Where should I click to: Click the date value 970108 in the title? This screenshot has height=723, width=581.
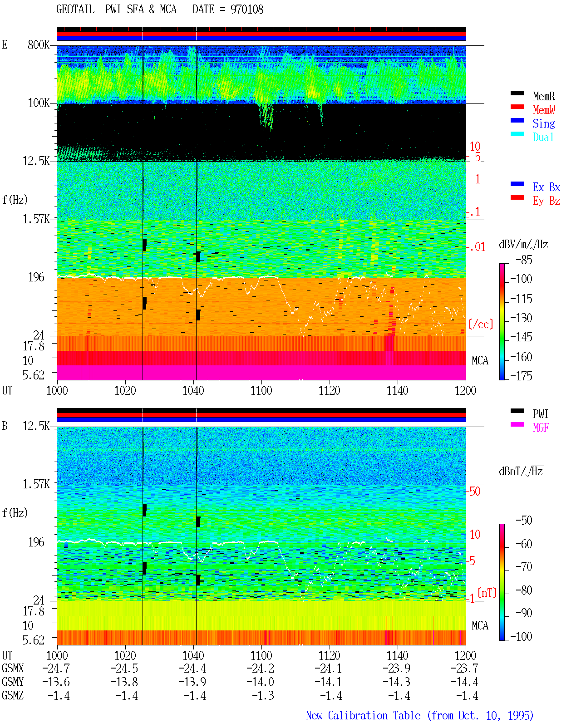[x=246, y=10]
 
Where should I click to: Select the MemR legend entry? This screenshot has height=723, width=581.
[x=543, y=96]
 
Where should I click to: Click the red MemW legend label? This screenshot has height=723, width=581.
[x=543, y=109]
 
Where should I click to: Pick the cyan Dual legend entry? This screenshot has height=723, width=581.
[x=543, y=137]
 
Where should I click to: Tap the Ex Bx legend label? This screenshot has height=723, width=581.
[x=546, y=187]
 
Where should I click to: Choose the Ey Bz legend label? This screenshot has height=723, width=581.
[x=546, y=201]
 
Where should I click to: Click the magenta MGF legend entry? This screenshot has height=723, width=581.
[x=541, y=428]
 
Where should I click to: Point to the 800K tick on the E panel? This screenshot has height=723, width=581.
[x=38, y=44]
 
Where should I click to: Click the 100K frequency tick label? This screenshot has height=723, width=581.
[x=38, y=103]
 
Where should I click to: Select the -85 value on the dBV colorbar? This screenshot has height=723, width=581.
[x=523, y=260]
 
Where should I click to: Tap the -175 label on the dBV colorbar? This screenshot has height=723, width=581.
[x=521, y=376]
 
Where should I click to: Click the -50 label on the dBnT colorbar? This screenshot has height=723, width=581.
[x=523, y=520]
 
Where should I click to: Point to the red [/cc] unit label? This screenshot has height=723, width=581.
[x=481, y=324]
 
